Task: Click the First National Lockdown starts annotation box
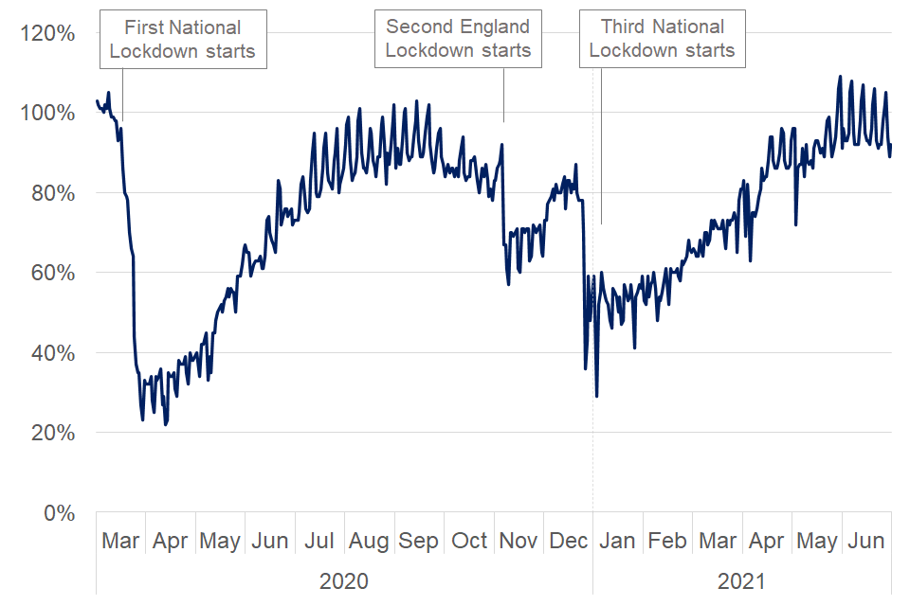pyautogui.click(x=183, y=40)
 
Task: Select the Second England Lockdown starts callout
pyautogui.click(x=458, y=40)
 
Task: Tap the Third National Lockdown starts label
pyautogui.click(x=663, y=40)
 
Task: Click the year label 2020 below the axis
pyautogui.click(x=344, y=579)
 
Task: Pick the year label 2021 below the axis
pyautogui.click(x=740, y=579)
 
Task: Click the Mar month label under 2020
pyautogui.click(x=120, y=542)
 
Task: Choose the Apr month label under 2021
pyautogui.click(x=766, y=542)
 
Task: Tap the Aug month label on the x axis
pyautogui.click(x=369, y=542)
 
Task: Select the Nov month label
pyautogui.click(x=519, y=542)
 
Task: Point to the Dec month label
pyautogui.click(x=569, y=542)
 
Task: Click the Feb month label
pyautogui.click(x=667, y=542)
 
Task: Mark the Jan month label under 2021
pyautogui.click(x=618, y=542)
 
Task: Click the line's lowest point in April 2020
pyautogui.click(x=165, y=424)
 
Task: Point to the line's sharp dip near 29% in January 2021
pyautogui.click(x=596, y=396)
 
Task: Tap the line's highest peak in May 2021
pyautogui.click(x=840, y=77)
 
